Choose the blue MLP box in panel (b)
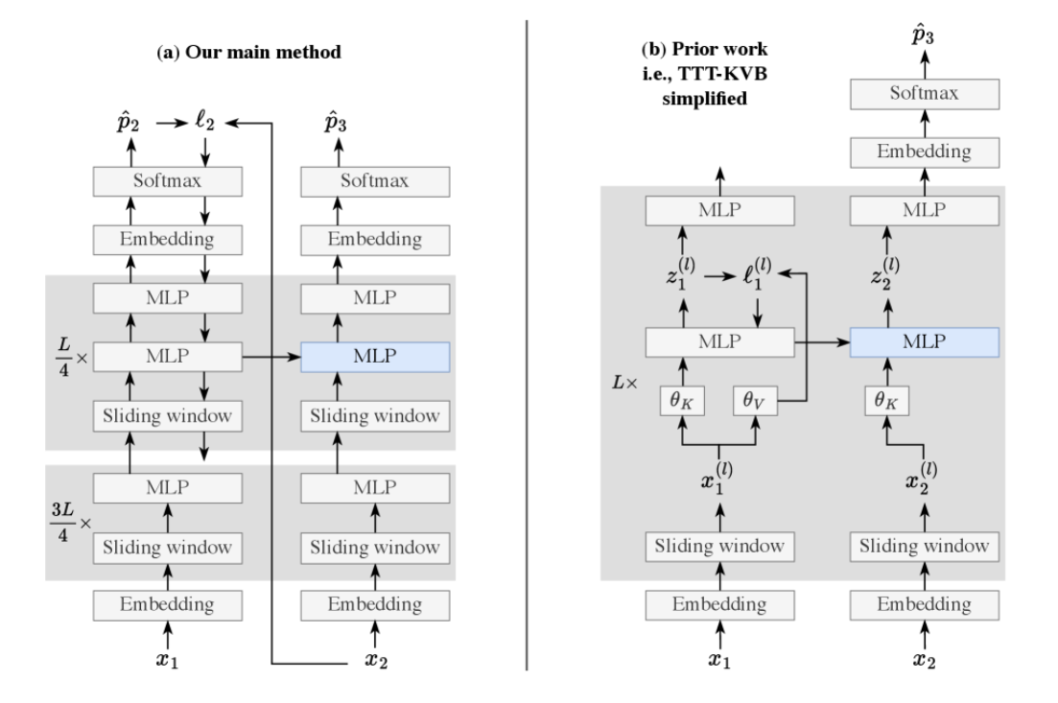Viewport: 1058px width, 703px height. [925, 340]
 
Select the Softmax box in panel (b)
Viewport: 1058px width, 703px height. [925, 93]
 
